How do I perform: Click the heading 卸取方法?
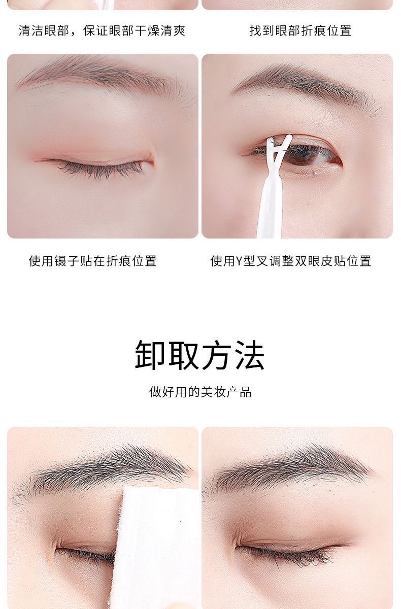pyautogui.click(x=200, y=355)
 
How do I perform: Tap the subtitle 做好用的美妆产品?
pyautogui.click(x=201, y=392)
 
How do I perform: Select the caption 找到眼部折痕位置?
pyautogui.click(x=300, y=30)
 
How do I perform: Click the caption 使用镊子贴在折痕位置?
pyautogui.click(x=93, y=261)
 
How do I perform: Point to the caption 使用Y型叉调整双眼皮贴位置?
pyautogui.click(x=291, y=261)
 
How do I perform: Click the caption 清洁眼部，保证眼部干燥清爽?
pyautogui.click(x=102, y=30)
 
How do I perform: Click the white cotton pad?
pyautogui.click(x=155, y=547)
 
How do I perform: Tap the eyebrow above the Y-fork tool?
pyautogui.click(x=306, y=87)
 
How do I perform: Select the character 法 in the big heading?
pyautogui.click(x=250, y=355)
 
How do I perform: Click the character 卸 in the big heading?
pyautogui.click(x=150, y=355)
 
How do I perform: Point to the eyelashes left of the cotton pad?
pyautogui.click(x=85, y=555)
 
